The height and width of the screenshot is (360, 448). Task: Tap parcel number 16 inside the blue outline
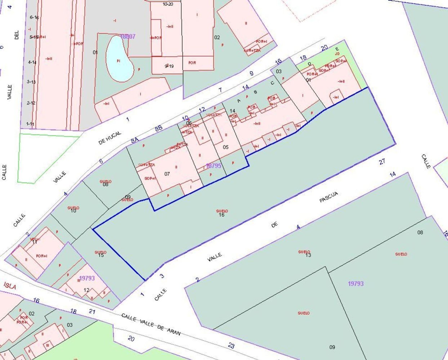coord(221,215)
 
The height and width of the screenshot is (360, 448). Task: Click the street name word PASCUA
coord(329,197)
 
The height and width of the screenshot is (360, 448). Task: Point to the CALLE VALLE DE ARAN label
coord(151,324)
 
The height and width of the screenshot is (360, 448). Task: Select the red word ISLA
coord(10,286)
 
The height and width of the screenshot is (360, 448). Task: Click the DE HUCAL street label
coord(110,138)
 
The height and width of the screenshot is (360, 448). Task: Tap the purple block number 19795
coord(214,166)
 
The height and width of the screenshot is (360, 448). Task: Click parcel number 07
coord(167,174)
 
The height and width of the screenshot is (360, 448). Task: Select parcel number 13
coord(308,255)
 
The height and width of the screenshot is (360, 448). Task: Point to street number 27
coord(382,161)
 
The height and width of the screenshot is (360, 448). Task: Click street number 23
coord(231,346)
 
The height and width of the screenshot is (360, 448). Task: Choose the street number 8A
coord(135,141)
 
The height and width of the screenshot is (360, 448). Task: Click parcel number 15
coord(101,255)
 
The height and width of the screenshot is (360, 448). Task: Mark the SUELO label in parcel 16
coord(222,211)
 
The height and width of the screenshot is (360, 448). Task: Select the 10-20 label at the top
coord(168,4)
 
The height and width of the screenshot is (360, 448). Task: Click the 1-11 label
coord(30,124)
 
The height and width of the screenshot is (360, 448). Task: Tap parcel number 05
coord(226,147)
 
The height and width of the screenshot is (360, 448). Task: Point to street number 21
coord(92,311)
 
